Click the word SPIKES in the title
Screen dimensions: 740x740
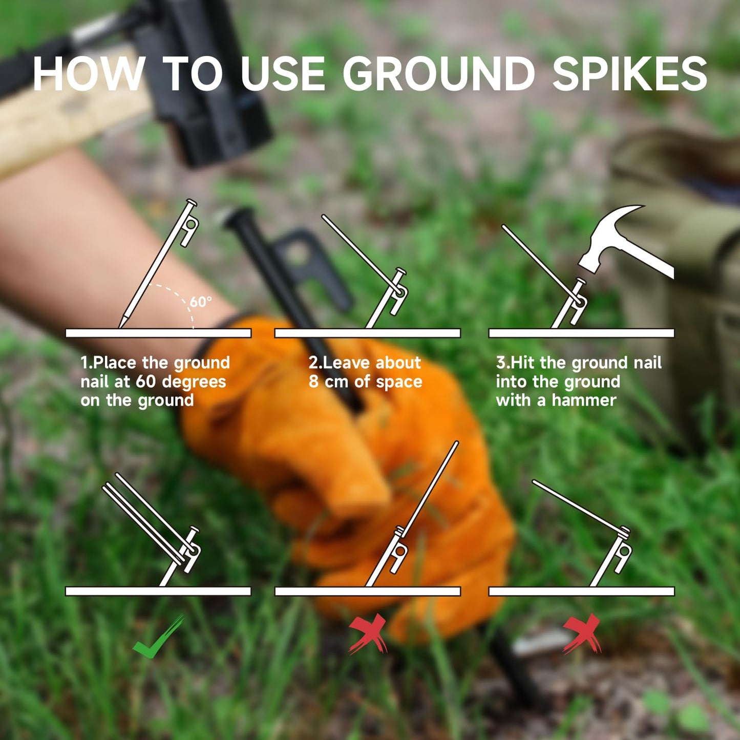click(x=629, y=74)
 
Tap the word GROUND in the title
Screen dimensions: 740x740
click(x=439, y=74)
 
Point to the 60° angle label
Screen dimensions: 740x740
click(x=200, y=302)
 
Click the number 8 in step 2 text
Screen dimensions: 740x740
click(x=313, y=382)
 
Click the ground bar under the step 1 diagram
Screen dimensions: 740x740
click(x=158, y=333)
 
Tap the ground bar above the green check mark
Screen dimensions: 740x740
click(x=158, y=591)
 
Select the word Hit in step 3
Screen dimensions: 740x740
click(x=523, y=363)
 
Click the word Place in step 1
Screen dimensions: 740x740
click(x=116, y=363)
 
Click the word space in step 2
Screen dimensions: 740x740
click(x=399, y=382)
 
